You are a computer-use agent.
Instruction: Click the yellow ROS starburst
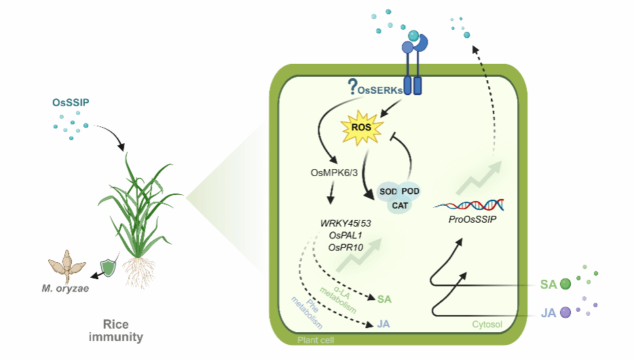[x=361, y=128]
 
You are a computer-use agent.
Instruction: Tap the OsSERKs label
[x=380, y=90]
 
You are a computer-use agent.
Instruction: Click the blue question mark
[x=352, y=86]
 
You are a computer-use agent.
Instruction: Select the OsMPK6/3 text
[x=334, y=173]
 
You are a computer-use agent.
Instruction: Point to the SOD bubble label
[x=388, y=192]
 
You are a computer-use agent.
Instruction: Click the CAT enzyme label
[x=400, y=206]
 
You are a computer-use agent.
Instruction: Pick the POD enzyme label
[x=410, y=191]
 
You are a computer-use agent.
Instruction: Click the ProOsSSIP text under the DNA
[x=472, y=219]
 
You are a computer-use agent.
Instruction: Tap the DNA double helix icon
[x=469, y=205]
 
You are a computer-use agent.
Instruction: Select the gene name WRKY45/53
[x=346, y=223]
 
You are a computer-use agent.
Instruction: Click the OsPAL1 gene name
[x=346, y=236]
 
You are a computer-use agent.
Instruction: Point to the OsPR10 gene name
[x=346, y=247]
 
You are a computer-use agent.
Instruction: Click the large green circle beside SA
[x=565, y=284]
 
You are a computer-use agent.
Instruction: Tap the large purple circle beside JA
[x=565, y=312]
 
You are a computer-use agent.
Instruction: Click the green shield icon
[x=108, y=268]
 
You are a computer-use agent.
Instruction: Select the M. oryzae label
[x=65, y=289]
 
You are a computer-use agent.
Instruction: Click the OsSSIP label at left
[x=71, y=103]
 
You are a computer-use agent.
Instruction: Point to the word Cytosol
[x=487, y=325]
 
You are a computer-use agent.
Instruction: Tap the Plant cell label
[x=316, y=340]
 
